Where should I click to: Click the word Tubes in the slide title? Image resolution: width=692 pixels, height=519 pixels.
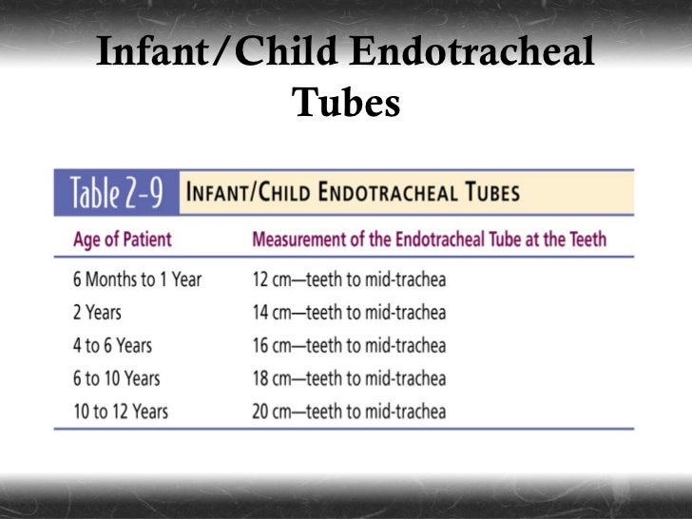click(x=346, y=104)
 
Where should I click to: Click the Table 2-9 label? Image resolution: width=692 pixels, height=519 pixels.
click(x=114, y=194)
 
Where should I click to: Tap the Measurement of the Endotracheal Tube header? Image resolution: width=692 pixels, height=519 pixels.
click(x=430, y=239)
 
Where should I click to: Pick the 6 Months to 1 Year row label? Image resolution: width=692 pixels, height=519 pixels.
click(x=137, y=280)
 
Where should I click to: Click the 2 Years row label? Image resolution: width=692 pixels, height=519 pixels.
click(x=98, y=313)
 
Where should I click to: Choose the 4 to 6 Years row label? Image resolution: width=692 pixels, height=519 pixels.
click(x=112, y=346)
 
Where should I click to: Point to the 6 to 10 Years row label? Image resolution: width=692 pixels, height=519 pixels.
click(x=117, y=379)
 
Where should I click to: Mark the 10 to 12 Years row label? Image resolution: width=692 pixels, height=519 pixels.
click(x=121, y=412)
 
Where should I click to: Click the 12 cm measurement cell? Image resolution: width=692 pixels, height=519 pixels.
click(x=349, y=280)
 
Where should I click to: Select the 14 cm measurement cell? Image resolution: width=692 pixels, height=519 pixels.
click(x=349, y=313)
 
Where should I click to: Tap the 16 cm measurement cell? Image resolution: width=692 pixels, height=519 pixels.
click(x=349, y=346)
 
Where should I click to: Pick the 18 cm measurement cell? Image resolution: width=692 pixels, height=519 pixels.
click(x=349, y=379)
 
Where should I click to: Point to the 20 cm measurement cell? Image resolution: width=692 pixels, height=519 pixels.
click(x=349, y=412)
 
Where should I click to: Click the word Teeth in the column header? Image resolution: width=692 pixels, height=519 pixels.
click(x=584, y=239)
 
